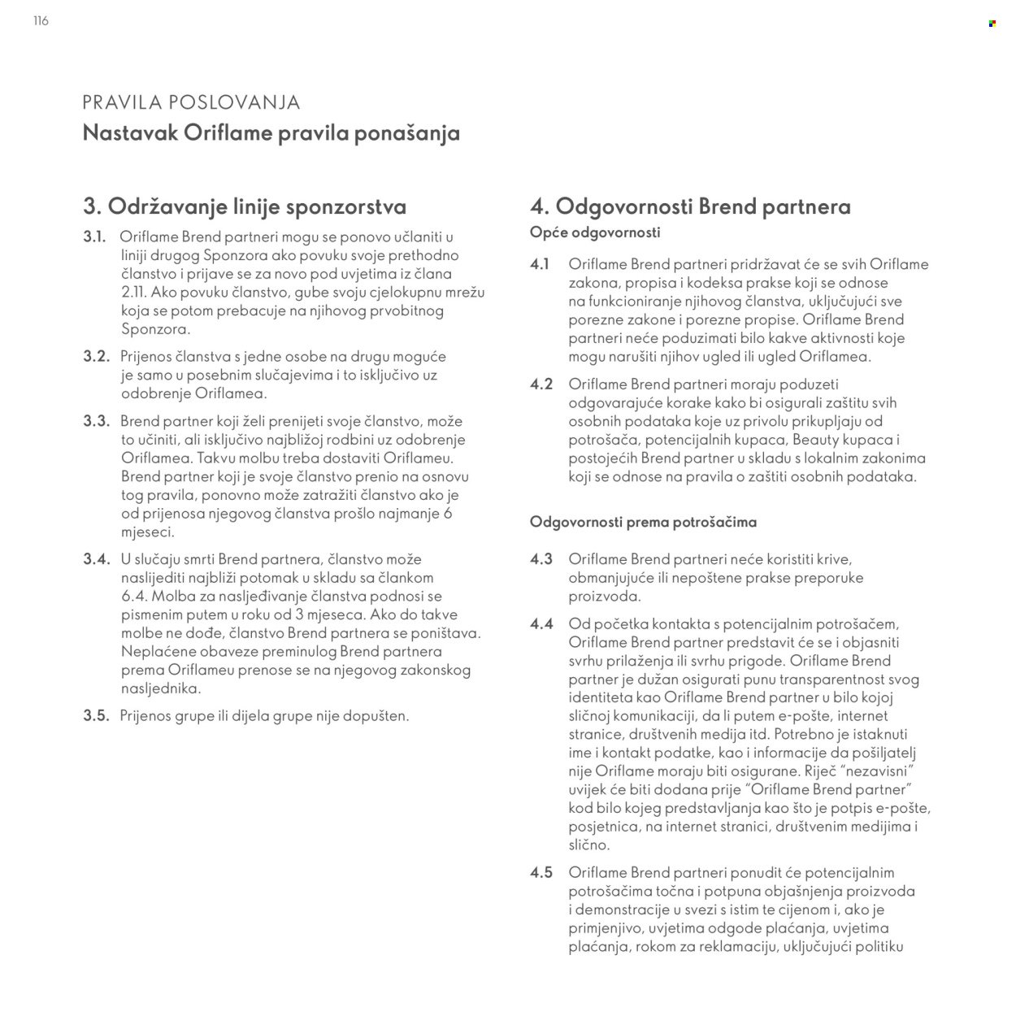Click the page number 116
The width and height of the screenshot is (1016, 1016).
tap(41, 21)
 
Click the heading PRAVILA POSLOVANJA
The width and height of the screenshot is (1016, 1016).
tap(191, 102)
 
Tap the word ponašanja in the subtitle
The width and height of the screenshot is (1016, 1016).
tap(406, 133)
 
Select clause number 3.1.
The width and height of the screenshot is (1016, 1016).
tap(95, 237)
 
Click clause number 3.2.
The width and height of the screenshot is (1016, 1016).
tap(96, 356)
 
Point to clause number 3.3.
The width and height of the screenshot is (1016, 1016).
tap(96, 422)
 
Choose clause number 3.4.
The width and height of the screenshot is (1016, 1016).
tap(96, 559)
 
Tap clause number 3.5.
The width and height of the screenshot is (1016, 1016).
tap(96, 716)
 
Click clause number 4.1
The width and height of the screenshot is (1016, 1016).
tap(541, 264)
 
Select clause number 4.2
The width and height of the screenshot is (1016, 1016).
tap(541, 384)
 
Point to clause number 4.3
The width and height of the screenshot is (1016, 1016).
tap(541, 559)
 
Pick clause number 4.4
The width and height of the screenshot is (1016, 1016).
tap(541, 623)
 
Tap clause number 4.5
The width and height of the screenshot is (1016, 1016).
tap(541, 872)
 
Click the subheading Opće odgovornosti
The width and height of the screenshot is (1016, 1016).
tap(595, 232)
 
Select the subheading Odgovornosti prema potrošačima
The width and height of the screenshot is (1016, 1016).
tap(643, 522)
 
